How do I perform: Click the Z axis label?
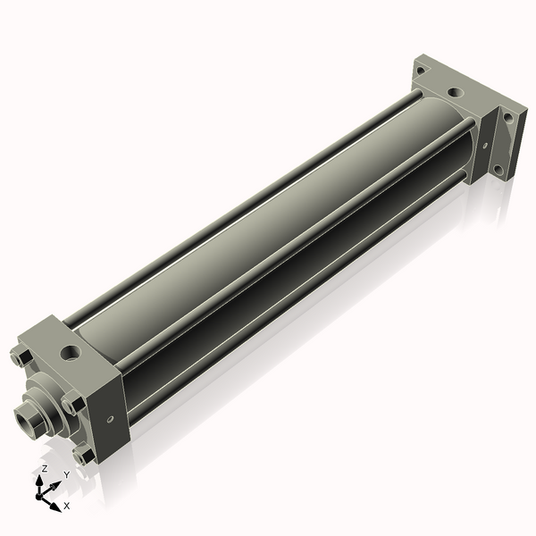coord(44,468)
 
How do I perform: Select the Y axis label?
coord(67,474)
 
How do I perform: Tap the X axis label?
coord(67,506)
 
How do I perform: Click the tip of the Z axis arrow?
coord(39,476)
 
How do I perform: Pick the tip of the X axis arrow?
coord(61,512)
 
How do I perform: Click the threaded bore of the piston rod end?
coord(25,420)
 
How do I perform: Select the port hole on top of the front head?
coord(71,353)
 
